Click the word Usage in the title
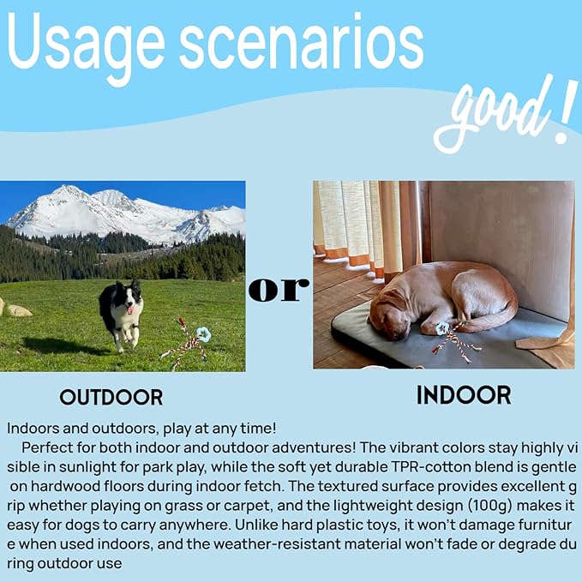[x=86, y=45]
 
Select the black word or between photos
[x=279, y=289]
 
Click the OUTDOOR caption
[x=111, y=397]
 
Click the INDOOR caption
[x=464, y=395]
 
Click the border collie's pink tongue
[x=129, y=309]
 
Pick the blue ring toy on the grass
[x=204, y=334]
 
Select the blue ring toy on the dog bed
[x=442, y=328]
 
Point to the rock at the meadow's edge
[x=20, y=310]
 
